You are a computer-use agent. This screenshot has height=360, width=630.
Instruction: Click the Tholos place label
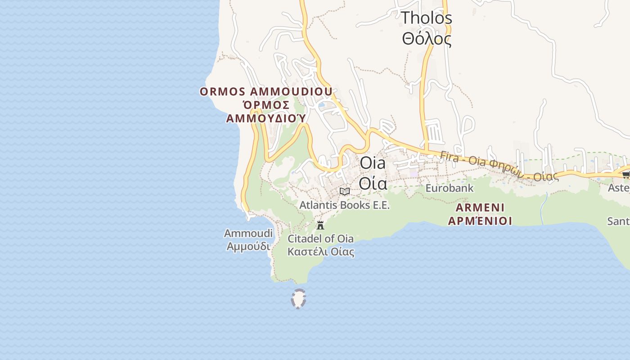(x=426, y=18)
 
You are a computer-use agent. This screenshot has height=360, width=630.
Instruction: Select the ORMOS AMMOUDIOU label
(x=266, y=92)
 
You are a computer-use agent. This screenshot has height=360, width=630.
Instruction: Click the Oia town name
(x=373, y=163)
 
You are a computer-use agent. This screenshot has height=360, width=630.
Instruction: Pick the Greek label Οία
(x=373, y=184)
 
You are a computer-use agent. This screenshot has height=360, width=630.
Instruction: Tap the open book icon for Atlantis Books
(x=345, y=191)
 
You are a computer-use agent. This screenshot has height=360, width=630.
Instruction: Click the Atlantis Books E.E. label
(x=344, y=205)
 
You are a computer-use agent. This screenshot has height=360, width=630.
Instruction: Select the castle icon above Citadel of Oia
(x=320, y=225)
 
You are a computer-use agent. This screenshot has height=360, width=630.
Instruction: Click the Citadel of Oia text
(x=320, y=238)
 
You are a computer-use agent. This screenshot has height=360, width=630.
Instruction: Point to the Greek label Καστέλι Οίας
(x=320, y=252)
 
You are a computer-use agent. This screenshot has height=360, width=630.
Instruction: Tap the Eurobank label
(x=449, y=188)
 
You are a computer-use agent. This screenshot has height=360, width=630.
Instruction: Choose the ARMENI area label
(x=480, y=208)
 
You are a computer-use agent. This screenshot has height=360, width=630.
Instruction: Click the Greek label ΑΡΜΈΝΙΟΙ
(x=480, y=221)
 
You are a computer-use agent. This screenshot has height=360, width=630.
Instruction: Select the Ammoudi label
(x=248, y=234)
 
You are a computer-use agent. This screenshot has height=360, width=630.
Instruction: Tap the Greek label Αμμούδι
(x=248, y=247)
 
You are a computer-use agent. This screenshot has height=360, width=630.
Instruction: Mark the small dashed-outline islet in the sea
(x=298, y=299)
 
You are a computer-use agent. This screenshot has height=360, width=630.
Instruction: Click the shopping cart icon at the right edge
(x=625, y=175)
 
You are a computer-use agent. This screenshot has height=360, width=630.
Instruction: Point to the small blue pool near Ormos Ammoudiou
(x=321, y=105)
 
